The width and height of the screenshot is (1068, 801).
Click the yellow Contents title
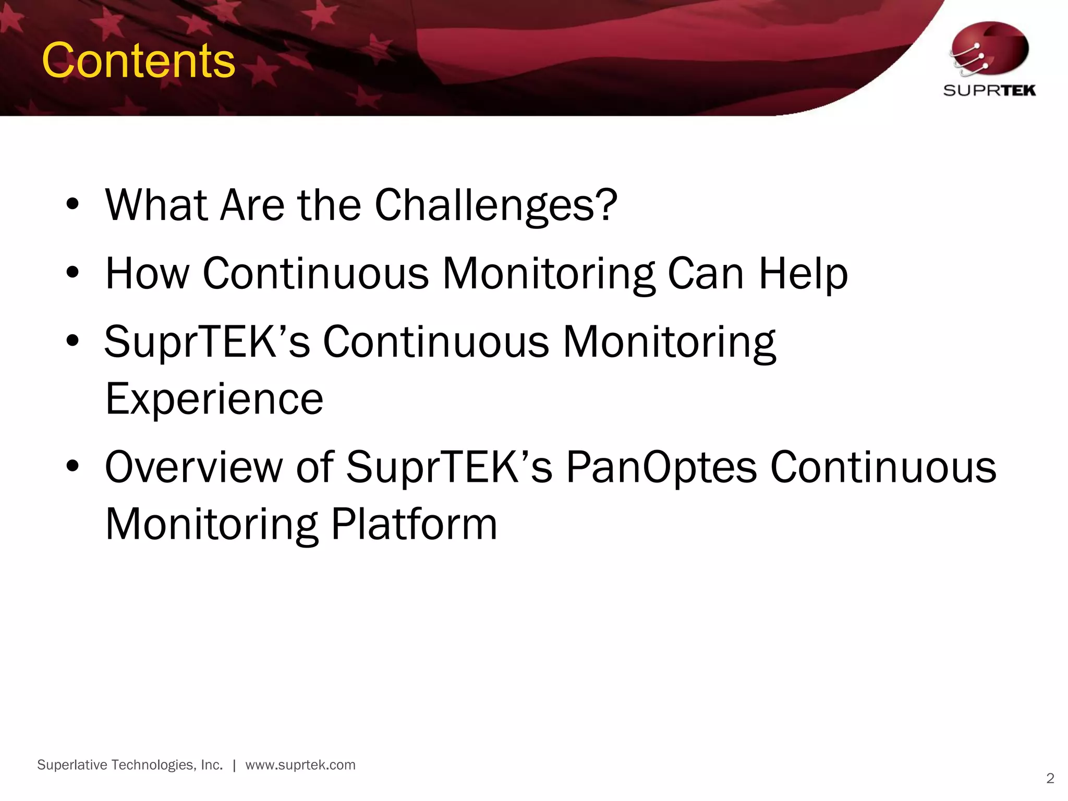[x=138, y=61]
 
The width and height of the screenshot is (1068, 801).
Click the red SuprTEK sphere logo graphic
[x=989, y=50]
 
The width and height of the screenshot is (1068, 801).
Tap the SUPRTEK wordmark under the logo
[x=989, y=91]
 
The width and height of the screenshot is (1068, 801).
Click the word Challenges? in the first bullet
[x=496, y=205]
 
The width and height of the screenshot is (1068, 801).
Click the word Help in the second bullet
[x=803, y=273]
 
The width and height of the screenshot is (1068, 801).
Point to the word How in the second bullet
[x=148, y=273]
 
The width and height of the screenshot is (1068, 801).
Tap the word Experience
[x=214, y=399]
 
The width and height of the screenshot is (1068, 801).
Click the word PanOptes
[x=661, y=467]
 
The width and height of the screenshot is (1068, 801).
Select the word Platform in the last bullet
[x=414, y=524]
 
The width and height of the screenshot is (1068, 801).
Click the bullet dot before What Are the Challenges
[x=72, y=205]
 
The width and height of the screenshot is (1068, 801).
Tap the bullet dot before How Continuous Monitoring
[x=72, y=273]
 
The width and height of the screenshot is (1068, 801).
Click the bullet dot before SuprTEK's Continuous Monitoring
[x=72, y=342]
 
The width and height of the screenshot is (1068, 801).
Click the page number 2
[x=1050, y=779]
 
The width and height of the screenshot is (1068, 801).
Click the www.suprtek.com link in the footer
[x=300, y=765]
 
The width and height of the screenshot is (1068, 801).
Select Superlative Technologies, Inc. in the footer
[x=130, y=765]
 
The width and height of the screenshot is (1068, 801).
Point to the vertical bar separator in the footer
[x=234, y=766]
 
